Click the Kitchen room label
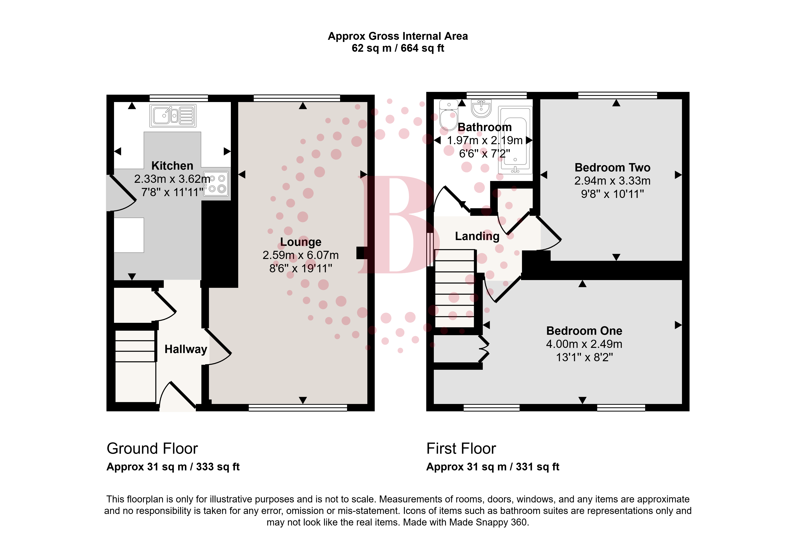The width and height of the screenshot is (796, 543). pyautogui.click(x=172, y=166)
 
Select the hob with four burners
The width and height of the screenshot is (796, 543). pyautogui.click(x=216, y=184)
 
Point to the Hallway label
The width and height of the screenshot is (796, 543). pyautogui.click(x=186, y=349)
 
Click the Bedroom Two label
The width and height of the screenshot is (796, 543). pyautogui.click(x=612, y=167)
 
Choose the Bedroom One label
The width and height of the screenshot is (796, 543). pyautogui.click(x=584, y=331)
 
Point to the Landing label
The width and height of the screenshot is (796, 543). pyautogui.click(x=477, y=236)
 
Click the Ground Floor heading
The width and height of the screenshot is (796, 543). pyautogui.click(x=152, y=449)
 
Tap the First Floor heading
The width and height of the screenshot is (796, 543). pyautogui.click(x=461, y=449)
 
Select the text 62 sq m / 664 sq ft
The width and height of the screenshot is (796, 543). pyautogui.click(x=398, y=48)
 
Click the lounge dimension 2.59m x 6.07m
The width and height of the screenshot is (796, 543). pyautogui.click(x=301, y=255)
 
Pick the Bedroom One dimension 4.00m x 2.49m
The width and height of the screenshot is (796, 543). pyautogui.click(x=584, y=344)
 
